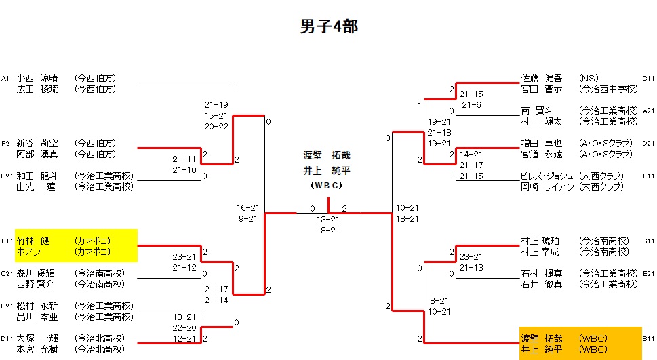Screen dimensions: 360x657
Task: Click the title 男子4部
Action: (x=329, y=26)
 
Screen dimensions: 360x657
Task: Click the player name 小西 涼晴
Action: (x=37, y=78)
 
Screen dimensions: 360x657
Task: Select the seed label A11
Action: (x=7, y=78)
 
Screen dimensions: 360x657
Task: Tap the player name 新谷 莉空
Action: (x=37, y=143)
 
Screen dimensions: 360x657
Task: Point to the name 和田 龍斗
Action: (x=37, y=176)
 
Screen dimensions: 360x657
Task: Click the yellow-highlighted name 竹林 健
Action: (x=37, y=241)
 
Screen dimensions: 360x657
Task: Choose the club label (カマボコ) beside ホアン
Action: (x=93, y=252)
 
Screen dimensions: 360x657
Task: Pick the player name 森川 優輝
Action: (x=37, y=273)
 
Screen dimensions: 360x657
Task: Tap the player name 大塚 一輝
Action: (x=37, y=338)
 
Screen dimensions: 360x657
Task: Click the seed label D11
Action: (x=7, y=338)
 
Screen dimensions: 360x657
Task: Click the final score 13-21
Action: (x=328, y=220)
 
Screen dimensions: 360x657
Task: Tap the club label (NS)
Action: (x=588, y=78)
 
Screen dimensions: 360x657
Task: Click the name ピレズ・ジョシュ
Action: (x=546, y=176)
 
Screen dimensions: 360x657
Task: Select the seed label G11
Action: (x=648, y=241)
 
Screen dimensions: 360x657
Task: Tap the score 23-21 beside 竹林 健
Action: (x=184, y=257)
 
